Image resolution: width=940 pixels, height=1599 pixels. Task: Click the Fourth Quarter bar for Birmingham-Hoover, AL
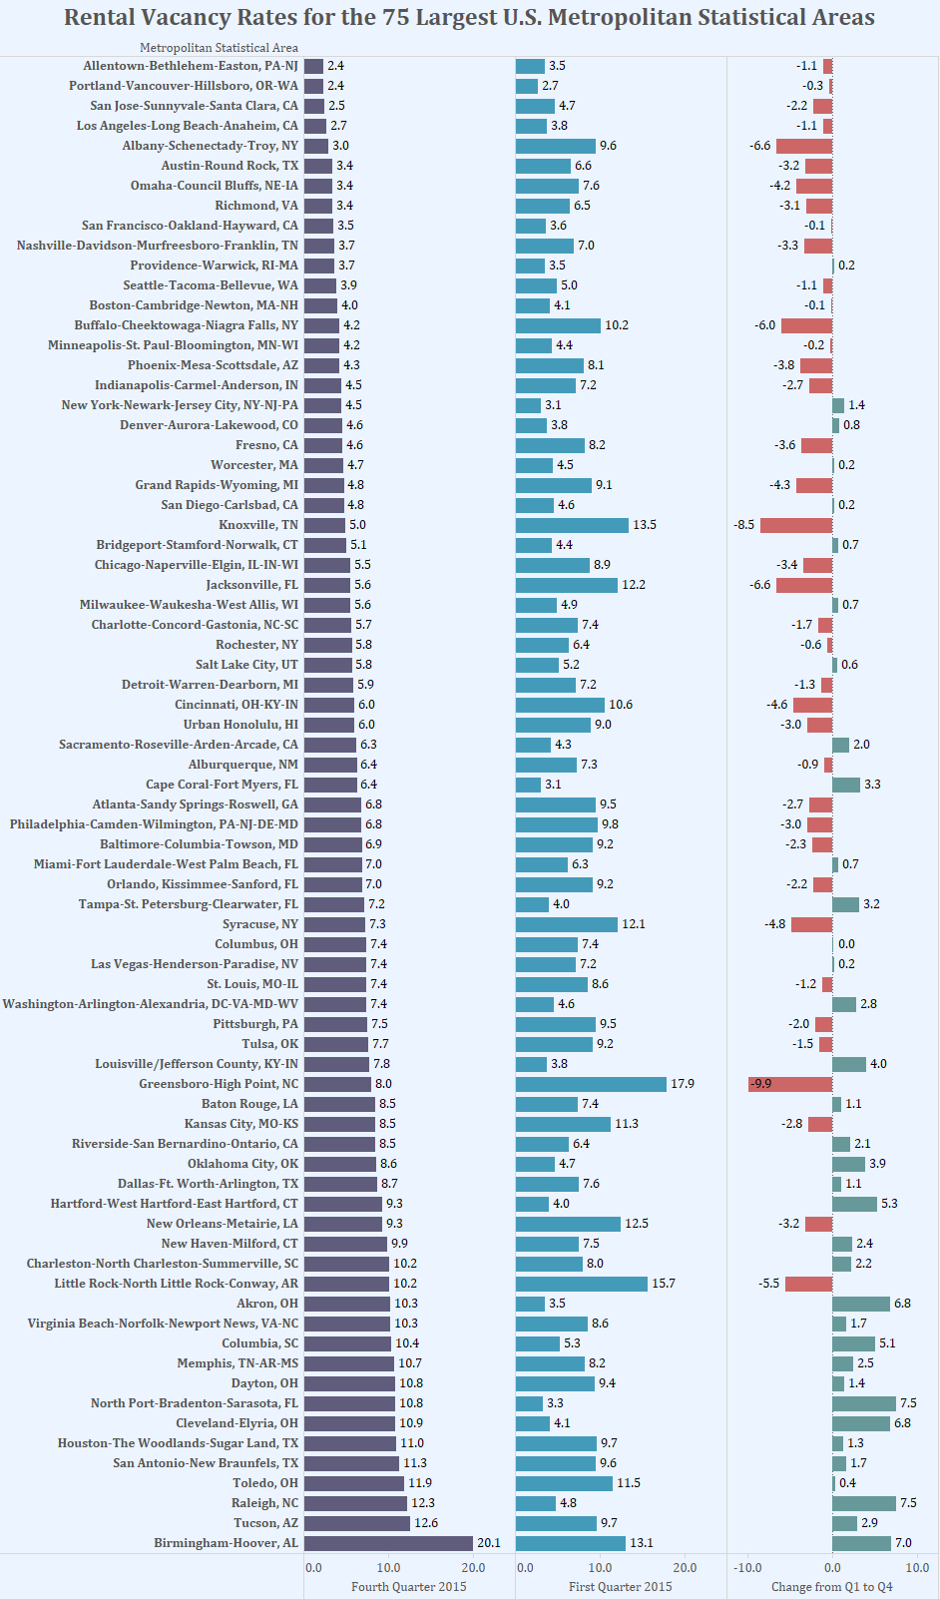point(388,1543)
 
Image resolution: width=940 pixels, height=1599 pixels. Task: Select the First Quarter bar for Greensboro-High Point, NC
point(591,1084)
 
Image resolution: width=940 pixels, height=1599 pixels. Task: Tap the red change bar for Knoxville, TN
point(796,525)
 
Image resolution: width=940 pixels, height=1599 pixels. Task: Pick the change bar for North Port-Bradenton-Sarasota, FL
point(864,1403)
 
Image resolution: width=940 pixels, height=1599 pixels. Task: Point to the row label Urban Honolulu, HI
point(240,725)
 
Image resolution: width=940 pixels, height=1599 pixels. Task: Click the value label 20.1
point(489,1543)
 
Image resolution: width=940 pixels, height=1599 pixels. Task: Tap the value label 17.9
point(683,1084)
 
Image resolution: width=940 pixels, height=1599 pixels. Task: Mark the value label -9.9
point(761,1084)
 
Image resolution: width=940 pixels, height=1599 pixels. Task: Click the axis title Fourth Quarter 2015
point(409,1587)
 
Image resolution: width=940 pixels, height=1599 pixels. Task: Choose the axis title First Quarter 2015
point(621,1587)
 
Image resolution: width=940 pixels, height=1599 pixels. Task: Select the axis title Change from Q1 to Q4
point(832,1587)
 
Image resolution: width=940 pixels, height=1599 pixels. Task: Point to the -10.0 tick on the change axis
point(747,1568)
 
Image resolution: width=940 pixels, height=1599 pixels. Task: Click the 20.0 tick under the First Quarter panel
point(685,1568)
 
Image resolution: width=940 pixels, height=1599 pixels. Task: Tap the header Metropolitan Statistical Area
point(219,48)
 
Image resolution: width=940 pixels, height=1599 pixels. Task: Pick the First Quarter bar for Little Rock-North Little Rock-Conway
point(582,1284)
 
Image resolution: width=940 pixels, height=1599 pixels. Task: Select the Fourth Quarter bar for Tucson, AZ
point(357,1523)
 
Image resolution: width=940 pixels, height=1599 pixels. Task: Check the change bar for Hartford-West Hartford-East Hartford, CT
point(854,1204)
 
